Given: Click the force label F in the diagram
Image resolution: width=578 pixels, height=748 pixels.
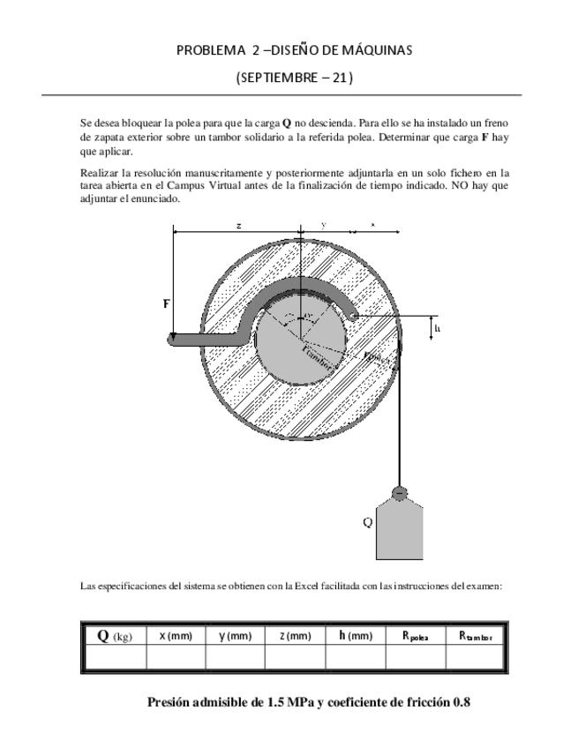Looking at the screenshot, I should (x=168, y=303).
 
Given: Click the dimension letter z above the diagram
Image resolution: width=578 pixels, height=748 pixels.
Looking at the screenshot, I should (x=238, y=226).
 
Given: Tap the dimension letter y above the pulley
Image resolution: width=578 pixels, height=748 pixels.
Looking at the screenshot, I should (x=324, y=226).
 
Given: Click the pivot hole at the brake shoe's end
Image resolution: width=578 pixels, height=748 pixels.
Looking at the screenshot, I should (x=353, y=313).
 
